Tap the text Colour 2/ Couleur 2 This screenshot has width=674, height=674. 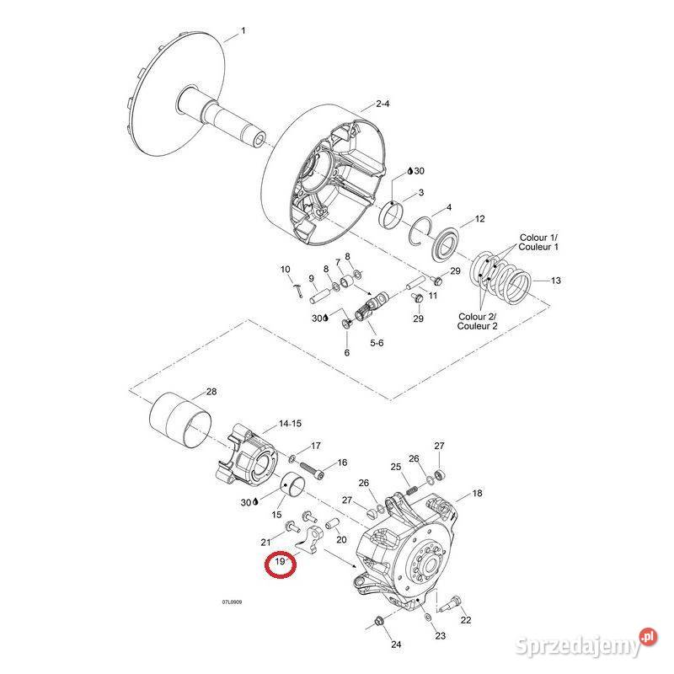point(477,321)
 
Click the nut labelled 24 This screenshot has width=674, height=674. point(379,623)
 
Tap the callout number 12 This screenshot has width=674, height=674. point(479,219)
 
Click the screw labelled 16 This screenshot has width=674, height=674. point(308,465)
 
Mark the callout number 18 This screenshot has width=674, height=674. point(477,493)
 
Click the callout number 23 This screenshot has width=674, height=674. point(440,636)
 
